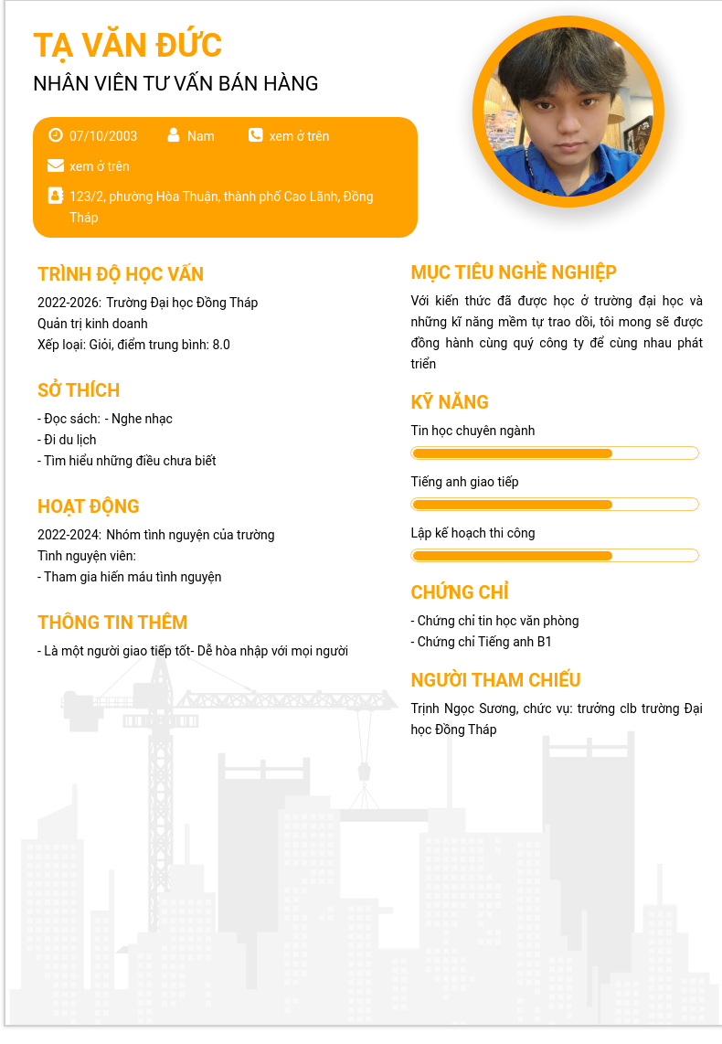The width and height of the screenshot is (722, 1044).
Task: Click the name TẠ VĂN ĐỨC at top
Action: tap(127, 45)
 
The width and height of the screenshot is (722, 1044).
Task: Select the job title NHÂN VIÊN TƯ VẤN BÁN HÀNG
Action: tap(175, 83)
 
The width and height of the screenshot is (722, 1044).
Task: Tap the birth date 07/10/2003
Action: tap(103, 136)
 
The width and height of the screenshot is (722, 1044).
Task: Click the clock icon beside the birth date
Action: tap(55, 135)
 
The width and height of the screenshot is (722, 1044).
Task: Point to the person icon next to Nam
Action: tap(174, 135)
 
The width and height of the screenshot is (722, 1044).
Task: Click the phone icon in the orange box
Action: tap(255, 135)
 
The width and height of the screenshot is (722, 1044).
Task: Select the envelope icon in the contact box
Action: tap(55, 165)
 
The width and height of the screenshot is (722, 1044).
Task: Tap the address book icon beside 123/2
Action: tap(55, 196)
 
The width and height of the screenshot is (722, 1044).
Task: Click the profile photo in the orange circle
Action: tap(568, 112)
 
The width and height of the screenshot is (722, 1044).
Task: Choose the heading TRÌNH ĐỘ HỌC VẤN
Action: tap(121, 274)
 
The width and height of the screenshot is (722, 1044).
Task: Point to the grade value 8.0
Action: tap(221, 345)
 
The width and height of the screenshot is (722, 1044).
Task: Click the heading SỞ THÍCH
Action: tap(79, 390)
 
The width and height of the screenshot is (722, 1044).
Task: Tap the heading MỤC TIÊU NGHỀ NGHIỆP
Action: tap(514, 272)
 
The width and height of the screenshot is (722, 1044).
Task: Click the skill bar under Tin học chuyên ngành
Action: tap(555, 453)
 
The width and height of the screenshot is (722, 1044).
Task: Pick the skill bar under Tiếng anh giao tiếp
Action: tap(555, 505)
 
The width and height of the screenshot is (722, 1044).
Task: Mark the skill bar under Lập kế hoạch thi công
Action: tap(555, 556)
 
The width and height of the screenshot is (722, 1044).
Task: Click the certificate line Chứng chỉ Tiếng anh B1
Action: tap(482, 642)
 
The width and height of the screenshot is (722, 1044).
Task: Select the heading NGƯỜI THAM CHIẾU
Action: tap(495, 680)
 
